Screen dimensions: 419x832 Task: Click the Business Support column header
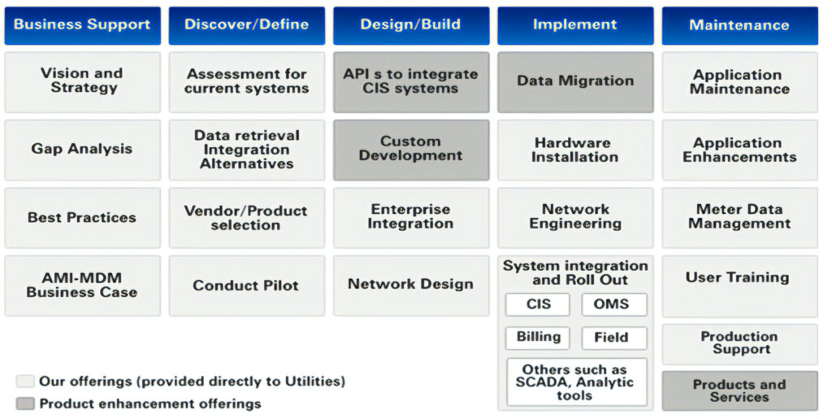coord(82,25)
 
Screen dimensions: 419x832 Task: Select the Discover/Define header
coord(246,25)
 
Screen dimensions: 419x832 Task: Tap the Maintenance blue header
coord(739,25)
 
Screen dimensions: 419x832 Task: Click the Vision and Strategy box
coord(82,81)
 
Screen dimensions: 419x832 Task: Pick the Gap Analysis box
coord(82,149)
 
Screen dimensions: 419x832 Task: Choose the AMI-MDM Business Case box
coord(82,286)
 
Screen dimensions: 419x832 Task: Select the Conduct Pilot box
coord(246,286)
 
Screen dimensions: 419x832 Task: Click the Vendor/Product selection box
coord(246,217)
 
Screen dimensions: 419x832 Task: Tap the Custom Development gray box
coord(411,149)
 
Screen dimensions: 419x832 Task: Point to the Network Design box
coord(411,285)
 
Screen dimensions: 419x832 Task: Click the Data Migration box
coord(575,81)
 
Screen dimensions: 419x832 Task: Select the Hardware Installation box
coord(575,150)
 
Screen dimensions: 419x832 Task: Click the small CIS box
coord(538,304)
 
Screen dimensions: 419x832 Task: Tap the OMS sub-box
coord(614,304)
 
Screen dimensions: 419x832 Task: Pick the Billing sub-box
coord(538,338)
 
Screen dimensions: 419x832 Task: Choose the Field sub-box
coord(614,338)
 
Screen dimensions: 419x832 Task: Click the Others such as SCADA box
coord(577,382)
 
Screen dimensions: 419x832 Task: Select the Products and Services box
coord(739,391)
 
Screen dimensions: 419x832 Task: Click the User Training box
coord(739,278)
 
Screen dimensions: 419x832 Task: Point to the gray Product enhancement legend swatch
coord(25,404)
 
